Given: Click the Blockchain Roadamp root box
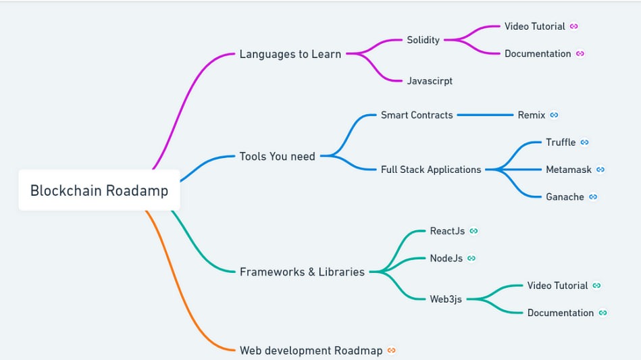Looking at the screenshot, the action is coord(99,190).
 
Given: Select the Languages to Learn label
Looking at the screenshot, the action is coord(290,54).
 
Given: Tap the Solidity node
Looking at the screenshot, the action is coord(423,40).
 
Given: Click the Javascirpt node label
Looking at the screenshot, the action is coord(430,81).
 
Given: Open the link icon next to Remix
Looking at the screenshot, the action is coord(554,115).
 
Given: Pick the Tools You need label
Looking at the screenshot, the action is coord(277,156).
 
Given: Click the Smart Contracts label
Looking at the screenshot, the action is coord(417,115).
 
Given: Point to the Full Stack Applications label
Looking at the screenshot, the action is coord(431,170).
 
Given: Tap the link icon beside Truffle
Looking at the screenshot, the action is coord(584,143).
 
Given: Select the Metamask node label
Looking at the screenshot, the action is coord(569,170).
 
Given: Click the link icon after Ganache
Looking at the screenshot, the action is coord(593,197).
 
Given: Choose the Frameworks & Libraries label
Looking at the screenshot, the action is coord(302,272).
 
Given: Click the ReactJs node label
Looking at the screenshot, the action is coord(447,231).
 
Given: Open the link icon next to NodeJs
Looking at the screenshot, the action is coord(471,258).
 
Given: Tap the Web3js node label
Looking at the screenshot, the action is coord(446,299).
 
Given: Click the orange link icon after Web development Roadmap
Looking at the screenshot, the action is coord(392,350).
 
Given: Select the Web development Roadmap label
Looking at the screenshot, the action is coord(311,351).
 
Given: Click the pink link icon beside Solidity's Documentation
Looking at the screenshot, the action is coord(580,53).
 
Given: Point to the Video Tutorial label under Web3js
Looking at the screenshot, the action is coord(558,285).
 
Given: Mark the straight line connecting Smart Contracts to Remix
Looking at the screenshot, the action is coord(485,115).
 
